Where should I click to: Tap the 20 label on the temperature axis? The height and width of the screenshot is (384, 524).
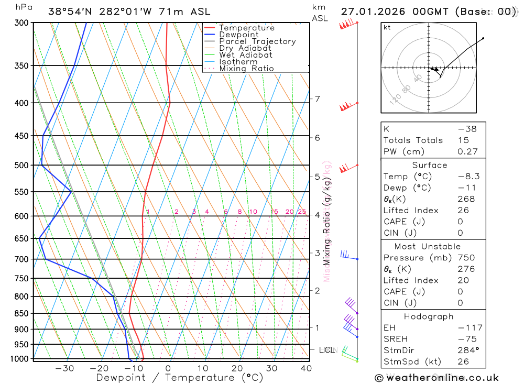237,368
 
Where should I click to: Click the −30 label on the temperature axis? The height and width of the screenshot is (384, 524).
64,368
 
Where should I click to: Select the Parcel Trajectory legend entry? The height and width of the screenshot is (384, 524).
257,41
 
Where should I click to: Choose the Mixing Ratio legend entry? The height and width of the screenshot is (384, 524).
246,69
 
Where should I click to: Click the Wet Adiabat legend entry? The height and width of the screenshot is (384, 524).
245,55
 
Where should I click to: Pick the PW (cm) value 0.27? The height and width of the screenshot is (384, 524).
467,151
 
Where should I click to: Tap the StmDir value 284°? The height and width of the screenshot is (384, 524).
467,350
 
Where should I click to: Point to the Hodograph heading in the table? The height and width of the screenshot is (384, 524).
429,316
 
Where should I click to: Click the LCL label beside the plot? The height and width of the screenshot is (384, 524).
326,349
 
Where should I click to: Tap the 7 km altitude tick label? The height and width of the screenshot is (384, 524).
317,99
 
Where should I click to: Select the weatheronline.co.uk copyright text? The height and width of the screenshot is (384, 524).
437,378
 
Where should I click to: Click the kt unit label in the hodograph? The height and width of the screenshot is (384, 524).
387,27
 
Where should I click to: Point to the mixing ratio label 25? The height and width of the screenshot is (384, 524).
302,212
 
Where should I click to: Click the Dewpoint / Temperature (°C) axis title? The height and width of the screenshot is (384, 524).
179,378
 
